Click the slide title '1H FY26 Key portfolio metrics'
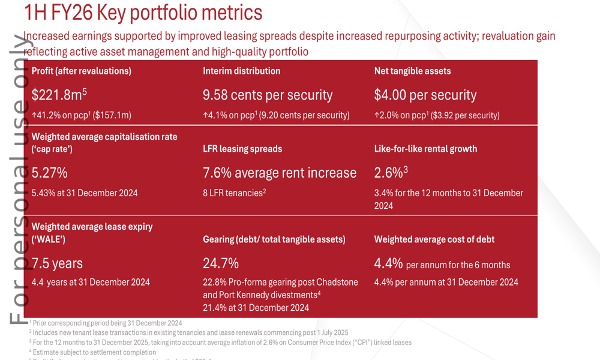tap(143, 12)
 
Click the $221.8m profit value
tap(59, 95)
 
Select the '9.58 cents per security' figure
tap(268, 95)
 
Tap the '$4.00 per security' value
tap(425, 95)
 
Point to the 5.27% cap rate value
tap(49, 173)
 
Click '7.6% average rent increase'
tap(280, 173)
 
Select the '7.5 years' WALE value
tap(57, 263)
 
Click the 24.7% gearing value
tap(221, 263)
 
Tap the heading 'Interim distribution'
tap(241, 71)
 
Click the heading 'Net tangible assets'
tap(412, 71)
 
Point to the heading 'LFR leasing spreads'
tap(242, 149)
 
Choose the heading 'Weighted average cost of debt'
tap(434, 239)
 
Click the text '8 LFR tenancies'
tap(233, 193)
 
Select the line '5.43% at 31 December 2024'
tap(85, 193)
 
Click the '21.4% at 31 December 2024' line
tap(256, 308)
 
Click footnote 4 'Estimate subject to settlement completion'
tap(94, 352)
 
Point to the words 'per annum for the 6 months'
tap(458, 265)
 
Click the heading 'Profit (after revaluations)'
tap(81, 71)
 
